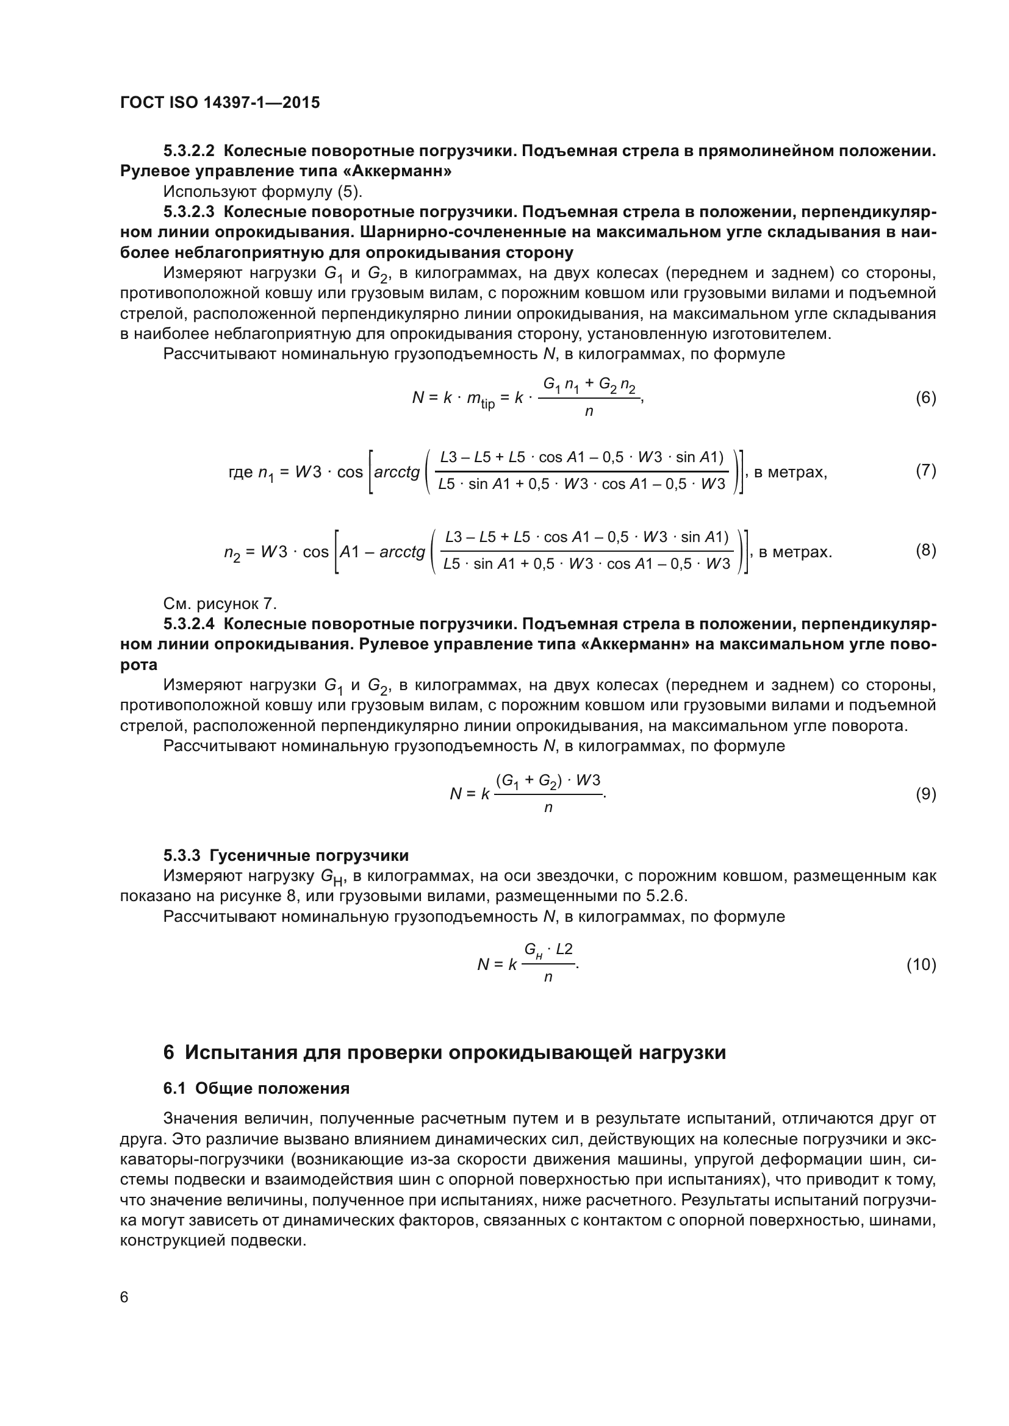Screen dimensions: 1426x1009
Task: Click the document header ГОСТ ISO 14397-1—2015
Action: point(220,102)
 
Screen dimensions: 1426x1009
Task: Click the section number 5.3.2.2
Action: point(189,151)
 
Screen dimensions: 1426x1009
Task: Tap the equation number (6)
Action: point(926,397)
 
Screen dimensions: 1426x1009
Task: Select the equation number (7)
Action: point(926,470)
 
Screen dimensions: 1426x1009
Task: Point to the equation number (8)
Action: point(926,551)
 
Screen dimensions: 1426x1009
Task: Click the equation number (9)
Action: point(926,794)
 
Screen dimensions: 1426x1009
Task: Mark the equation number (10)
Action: point(921,964)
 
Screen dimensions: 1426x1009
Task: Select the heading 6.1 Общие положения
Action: point(256,1088)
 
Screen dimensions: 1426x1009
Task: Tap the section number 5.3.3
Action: point(181,855)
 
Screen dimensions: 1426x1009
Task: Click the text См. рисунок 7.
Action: point(220,604)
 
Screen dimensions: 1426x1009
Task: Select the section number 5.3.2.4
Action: point(189,624)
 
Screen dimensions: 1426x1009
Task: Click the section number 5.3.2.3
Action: point(189,212)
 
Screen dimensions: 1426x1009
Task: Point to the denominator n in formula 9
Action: point(548,808)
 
